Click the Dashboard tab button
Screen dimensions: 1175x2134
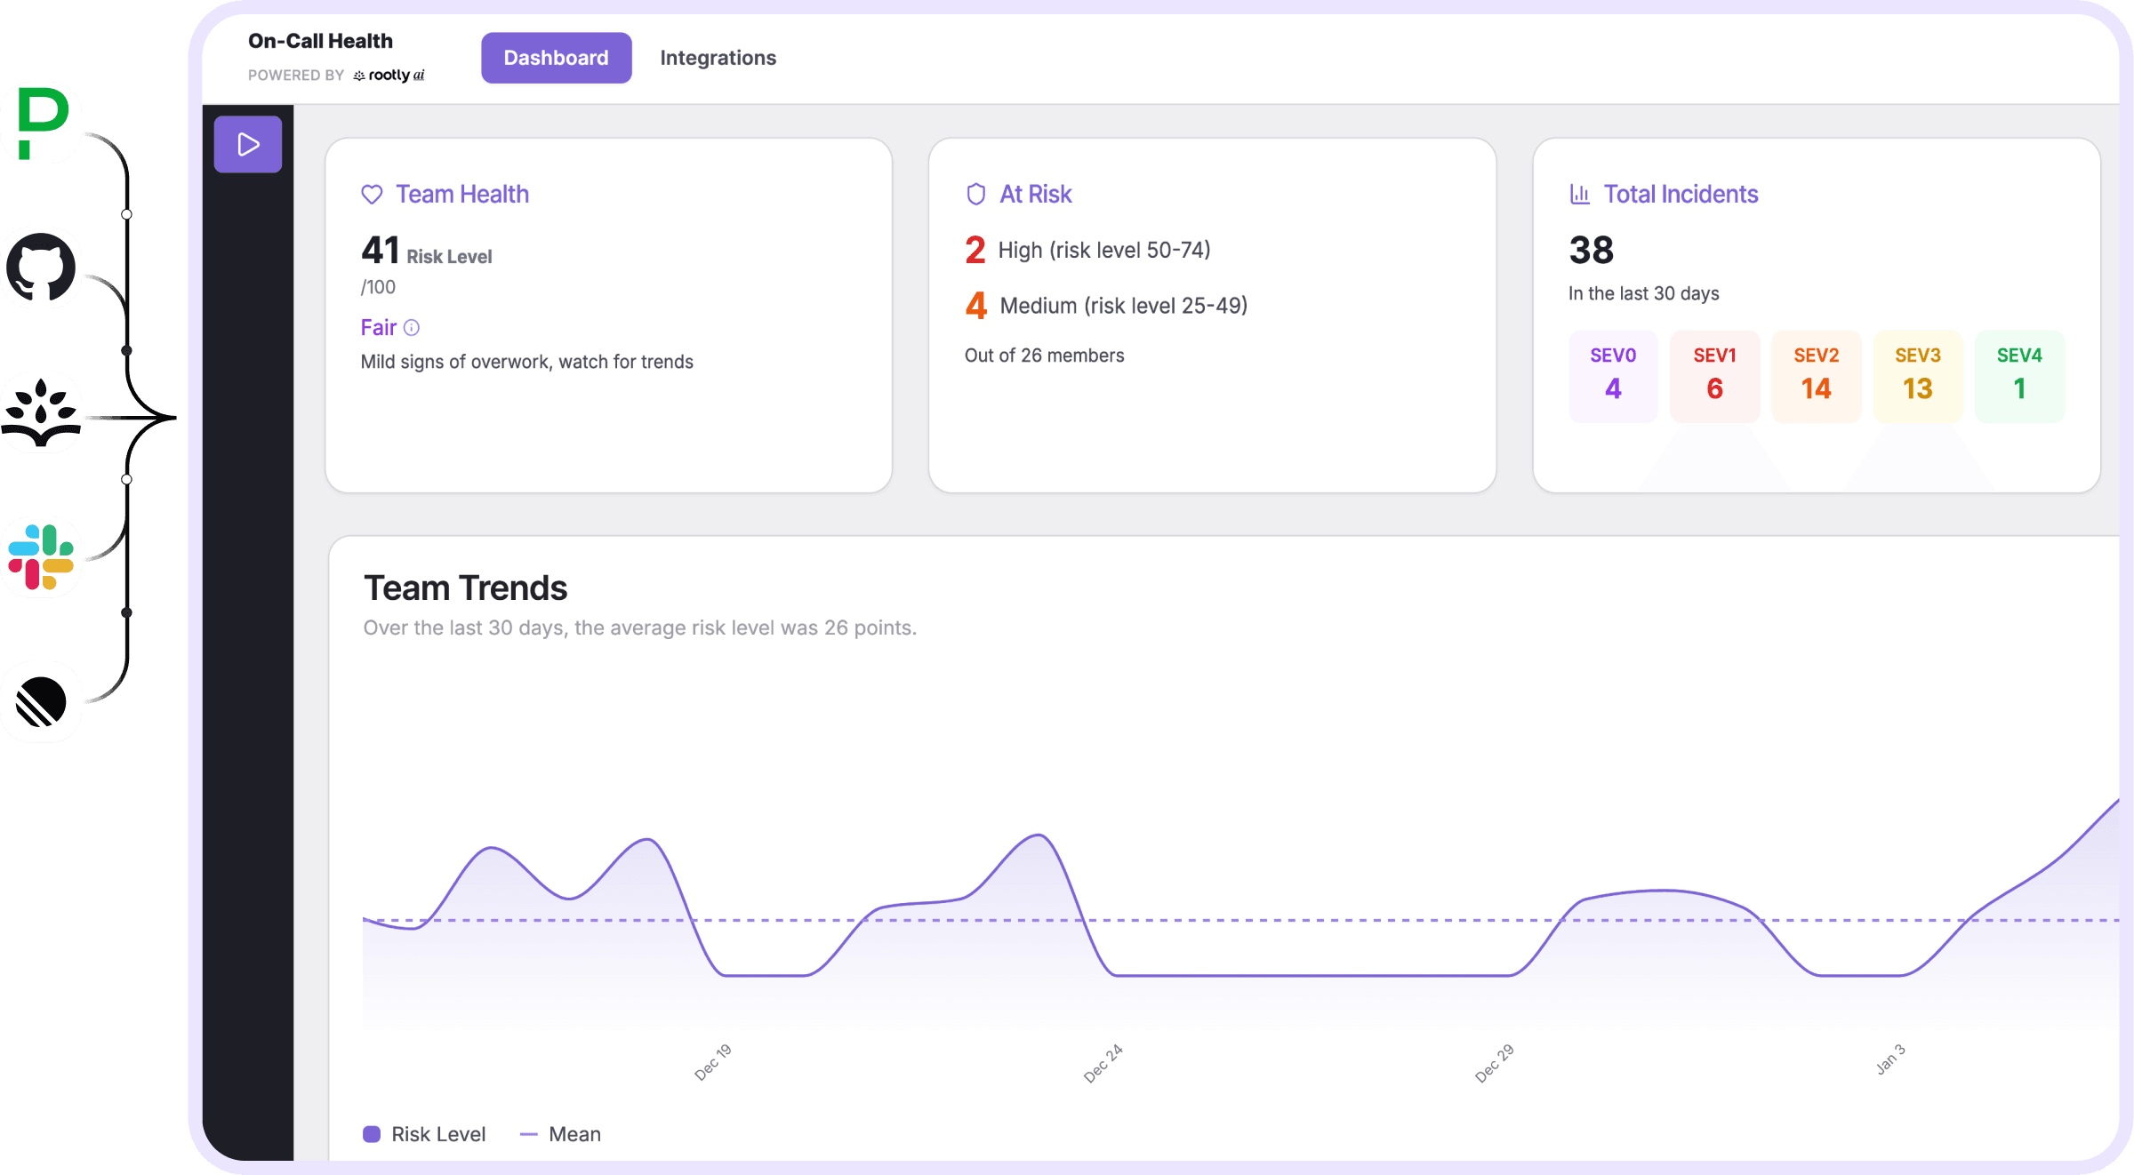tap(556, 58)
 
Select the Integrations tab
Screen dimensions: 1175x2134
tap(718, 58)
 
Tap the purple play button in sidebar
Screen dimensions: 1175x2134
tap(248, 144)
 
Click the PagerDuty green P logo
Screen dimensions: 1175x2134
tap(42, 123)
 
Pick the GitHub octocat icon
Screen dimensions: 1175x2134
tap(42, 268)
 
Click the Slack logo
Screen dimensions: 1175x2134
tap(42, 557)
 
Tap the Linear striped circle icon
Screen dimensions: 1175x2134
tap(42, 702)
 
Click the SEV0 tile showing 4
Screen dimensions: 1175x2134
tap(1612, 376)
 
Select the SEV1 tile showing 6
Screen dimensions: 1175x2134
tap(1714, 376)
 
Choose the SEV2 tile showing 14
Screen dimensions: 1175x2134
tap(1816, 376)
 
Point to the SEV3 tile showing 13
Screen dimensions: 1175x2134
tap(1917, 376)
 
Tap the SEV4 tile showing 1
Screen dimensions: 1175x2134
tap(2019, 376)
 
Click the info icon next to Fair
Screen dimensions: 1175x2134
tap(412, 328)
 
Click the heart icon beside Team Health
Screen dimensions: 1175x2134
tap(372, 195)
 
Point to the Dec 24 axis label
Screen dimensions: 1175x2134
tap(1103, 1063)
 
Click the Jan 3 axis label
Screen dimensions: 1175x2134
tap(1890, 1059)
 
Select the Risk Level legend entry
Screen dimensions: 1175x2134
tap(425, 1134)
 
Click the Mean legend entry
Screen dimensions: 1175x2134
tap(561, 1134)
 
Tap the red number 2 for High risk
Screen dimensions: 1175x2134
tap(975, 251)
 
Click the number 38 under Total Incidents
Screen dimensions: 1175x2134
tap(1591, 251)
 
